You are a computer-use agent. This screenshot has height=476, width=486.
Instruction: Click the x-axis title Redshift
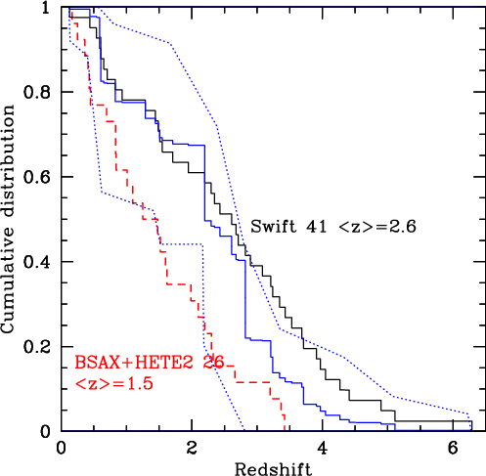(x=273, y=468)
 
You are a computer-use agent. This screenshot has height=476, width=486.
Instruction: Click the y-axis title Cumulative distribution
(x=8, y=219)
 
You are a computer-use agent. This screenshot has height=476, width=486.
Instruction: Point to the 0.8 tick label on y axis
(x=37, y=92)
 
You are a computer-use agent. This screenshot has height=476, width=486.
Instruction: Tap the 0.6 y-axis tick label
(x=37, y=177)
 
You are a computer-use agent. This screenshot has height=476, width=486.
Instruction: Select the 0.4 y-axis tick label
(x=37, y=262)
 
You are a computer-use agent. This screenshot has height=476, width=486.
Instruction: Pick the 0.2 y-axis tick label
(x=37, y=347)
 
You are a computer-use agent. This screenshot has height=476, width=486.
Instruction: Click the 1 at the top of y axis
(x=46, y=8)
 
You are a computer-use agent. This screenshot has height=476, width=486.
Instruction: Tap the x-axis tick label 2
(x=192, y=449)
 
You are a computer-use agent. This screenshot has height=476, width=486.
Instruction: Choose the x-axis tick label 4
(x=323, y=449)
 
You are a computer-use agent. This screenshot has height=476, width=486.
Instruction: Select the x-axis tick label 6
(x=453, y=449)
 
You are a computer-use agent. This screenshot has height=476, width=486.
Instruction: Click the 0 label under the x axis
(x=61, y=449)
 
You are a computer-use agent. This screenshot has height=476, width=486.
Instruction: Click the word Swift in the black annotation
(x=274, y=226)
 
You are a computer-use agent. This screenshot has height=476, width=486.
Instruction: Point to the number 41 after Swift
(x=316, y=227)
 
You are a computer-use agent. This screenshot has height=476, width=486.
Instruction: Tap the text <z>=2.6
(x=377, y=227)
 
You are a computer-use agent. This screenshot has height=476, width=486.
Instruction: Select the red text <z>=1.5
(x=113, y=383)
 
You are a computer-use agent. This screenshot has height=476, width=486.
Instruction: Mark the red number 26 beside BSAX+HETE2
(x=214, y=362)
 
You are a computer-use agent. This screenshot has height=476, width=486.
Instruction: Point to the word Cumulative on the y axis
(x=8, y=284)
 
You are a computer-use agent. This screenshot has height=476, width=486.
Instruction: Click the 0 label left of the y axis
(x=46, y=431)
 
